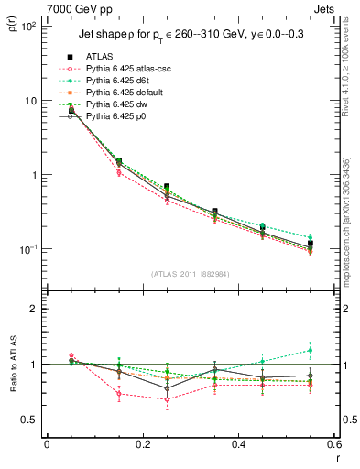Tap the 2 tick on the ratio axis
[35, 309]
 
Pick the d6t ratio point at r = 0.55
[311, 350]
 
